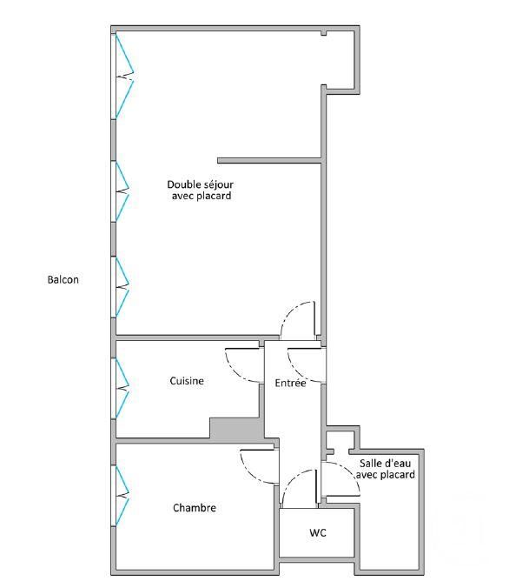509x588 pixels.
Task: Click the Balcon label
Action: point(63,280)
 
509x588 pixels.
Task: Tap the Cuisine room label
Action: point(187,381)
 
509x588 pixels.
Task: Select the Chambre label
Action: point(195,508)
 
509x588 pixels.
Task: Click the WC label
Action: point(318,532)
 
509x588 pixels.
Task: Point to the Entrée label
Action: point(290,383)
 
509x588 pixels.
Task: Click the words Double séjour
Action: point(200,184)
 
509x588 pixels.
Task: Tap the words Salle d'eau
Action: point(386,463)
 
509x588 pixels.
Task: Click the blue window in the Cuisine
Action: point(122,389)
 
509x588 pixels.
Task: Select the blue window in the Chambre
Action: point(122,496)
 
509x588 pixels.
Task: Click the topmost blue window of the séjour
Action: point(124,77)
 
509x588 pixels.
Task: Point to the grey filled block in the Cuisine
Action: point(236,428)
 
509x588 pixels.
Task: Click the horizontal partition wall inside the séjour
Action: point(269,161)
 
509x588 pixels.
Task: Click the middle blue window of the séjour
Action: point(122,191)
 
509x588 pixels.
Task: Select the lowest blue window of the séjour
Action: point(122,287)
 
